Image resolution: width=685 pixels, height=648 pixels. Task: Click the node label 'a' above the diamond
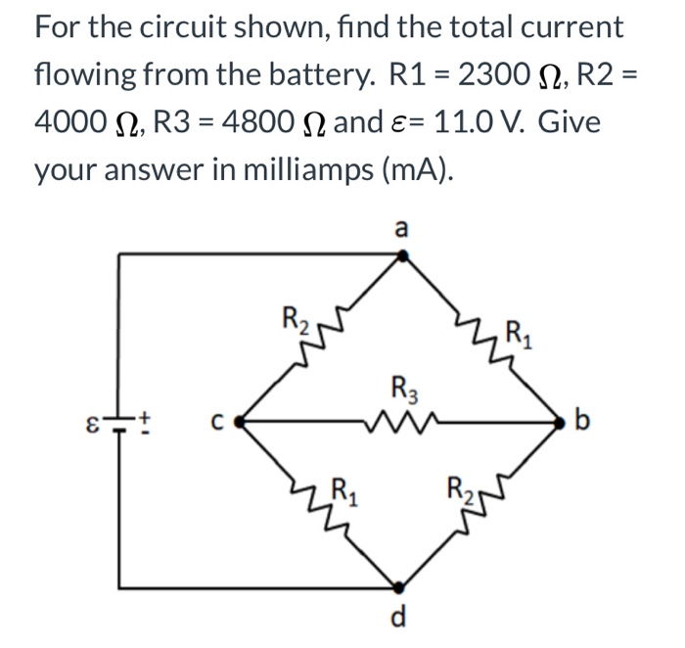399,228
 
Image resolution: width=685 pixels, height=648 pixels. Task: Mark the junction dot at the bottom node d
398,588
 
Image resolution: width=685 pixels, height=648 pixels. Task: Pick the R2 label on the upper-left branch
293,319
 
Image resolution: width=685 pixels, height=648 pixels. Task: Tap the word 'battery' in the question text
312,72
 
